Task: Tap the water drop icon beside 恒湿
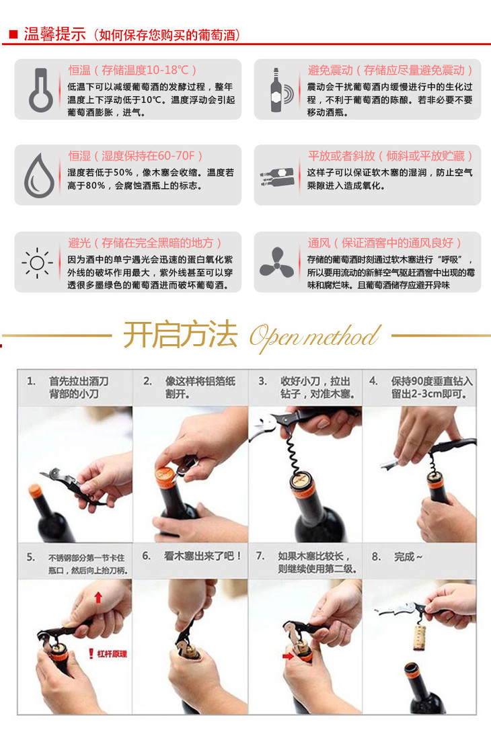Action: pyautogui.click(x=39, y=175)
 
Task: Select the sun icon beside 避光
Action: pyautogui.click(x=37, y=263)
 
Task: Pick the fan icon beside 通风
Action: pyautogui.click(x=276, y=262)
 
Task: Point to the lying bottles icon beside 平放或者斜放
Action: pyautogui.click(x=277, y=177)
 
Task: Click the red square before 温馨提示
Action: pyautogui.click(x=13, y=34)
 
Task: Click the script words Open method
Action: pyautogui.click(x=315, y=337)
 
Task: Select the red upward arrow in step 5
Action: pyautogui.click(x=98, y=598)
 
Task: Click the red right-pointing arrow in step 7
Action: pyautogui.click(x=288, y=656)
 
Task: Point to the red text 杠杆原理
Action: pyautogui.click(x=112, y=654)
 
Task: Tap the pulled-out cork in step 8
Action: pyautogui.click(x=418, y=637)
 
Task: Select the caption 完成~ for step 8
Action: pyautogui.click(x=408, y=557)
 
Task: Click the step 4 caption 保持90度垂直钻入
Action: pyautogui.click(x=432, y=381)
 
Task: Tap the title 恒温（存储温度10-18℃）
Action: pyautogui.click(x=133, y=71)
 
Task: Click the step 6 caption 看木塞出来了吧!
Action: pyautogui.click(x=203, y=556)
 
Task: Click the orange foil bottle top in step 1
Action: pyautogui.click(x=36, y=491)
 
